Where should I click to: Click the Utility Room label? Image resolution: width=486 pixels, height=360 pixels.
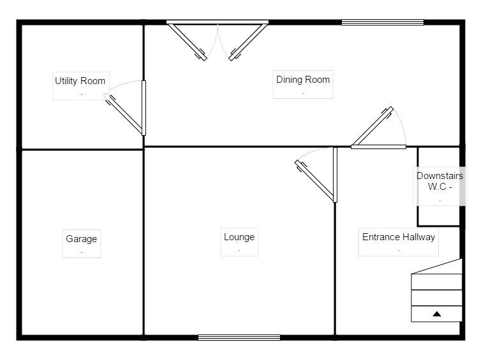[x=80, y=81]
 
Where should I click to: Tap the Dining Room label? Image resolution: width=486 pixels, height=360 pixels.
[x=303, y=80]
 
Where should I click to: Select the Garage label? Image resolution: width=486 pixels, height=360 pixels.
[x=81, y=239]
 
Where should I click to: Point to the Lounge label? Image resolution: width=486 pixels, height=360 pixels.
[x=239, y=237]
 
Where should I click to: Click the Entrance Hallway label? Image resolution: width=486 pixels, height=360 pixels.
[x=399, y=237]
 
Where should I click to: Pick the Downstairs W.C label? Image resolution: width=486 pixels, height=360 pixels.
[x=439, y=181]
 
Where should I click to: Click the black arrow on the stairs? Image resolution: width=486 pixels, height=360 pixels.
[x=437, y=314]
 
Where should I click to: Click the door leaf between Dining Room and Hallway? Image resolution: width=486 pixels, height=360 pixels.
[x=373, y=126]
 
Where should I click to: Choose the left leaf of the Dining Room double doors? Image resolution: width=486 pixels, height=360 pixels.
[x=188, y=42]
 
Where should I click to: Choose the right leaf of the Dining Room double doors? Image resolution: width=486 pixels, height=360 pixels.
[x=248, y=42]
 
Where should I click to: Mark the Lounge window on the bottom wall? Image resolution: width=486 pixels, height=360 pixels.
[x=239, y=338]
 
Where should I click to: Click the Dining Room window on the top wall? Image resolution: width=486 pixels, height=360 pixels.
[x=383, y=22]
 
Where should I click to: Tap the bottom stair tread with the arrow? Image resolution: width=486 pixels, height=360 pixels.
[x=436, y=313]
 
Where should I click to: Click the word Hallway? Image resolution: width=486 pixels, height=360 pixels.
[x=417, y=237]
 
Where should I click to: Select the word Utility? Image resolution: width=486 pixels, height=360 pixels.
[x=66, y=81]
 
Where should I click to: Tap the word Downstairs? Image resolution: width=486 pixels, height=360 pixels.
[x=439, y=176]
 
